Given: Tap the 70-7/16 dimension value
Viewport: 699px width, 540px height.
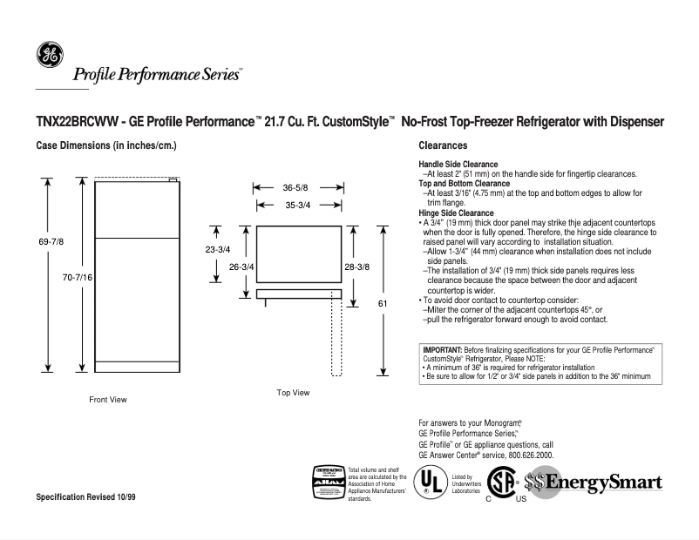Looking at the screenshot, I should (78, 276).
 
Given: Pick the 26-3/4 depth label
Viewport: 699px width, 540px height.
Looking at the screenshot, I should (241, 267).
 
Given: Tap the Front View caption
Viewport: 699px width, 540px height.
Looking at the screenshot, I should (108, 400).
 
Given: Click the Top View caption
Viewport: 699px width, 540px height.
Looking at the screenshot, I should (293, 393).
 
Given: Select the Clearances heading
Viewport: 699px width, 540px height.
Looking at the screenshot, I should (443, 146).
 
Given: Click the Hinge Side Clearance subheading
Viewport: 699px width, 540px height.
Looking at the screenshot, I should (456, 213).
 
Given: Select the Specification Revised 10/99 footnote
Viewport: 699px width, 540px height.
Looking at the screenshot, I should (85, 496).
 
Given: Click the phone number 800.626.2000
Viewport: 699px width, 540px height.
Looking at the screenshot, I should (522, 455).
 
